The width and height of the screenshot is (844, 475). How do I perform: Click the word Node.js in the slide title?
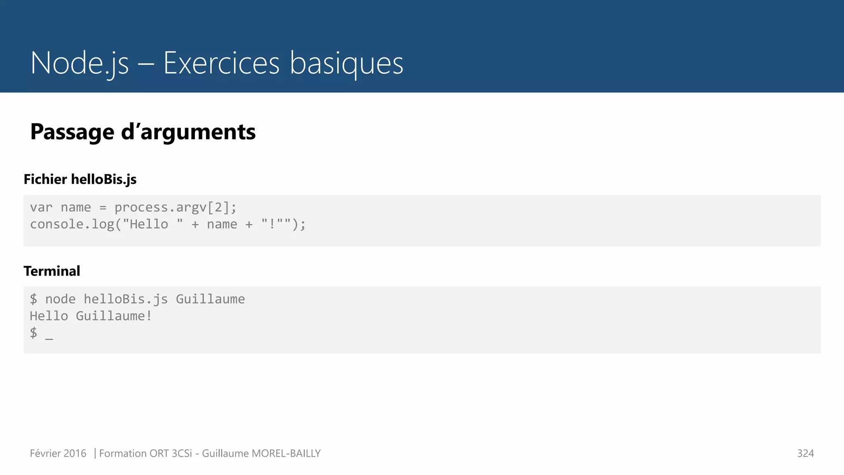80,63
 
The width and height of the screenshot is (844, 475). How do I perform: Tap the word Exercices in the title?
221,63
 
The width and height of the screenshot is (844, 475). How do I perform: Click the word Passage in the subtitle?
72,132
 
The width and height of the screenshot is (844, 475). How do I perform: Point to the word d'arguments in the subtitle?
188,132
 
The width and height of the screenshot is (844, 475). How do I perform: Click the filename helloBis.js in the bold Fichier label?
103,179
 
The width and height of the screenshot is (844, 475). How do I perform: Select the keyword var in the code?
41,207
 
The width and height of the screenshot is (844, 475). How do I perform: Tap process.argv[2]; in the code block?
176,207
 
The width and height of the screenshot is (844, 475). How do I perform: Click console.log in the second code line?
72,224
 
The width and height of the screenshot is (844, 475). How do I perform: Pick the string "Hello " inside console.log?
153,224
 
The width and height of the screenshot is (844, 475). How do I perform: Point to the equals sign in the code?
103,208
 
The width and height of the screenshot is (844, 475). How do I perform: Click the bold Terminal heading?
52,271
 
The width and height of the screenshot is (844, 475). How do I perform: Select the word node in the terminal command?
60,299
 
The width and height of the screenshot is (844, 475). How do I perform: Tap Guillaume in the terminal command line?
210,299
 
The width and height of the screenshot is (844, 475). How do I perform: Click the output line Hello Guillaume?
91,316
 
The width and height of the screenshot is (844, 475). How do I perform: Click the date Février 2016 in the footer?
58,454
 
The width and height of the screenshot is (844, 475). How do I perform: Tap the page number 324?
805,454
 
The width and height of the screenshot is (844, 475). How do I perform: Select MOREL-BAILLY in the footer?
286,454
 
